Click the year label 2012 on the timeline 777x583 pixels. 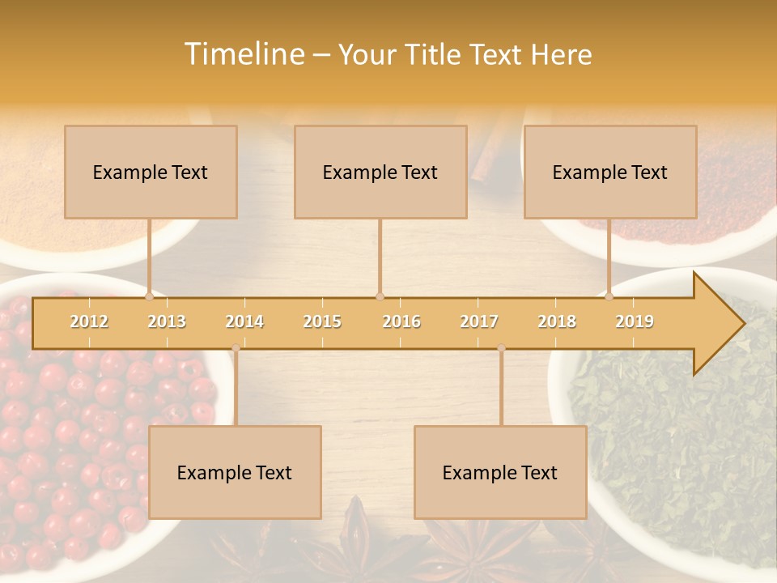(x=89, y=322)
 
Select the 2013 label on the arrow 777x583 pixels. (x=167, y=322)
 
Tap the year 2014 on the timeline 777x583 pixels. (x=244, y=322)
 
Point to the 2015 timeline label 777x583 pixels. (x=322, y=322)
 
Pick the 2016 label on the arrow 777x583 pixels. (x=401, y=322)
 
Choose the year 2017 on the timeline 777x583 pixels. (x=479, y=322)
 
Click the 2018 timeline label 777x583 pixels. (x=557, y=322)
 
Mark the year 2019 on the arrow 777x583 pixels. (x=635, y=322)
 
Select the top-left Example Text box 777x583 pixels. (x=151, y=172)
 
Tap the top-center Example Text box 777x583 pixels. (x=380, y=172)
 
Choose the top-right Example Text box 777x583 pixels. (x=610, y=172)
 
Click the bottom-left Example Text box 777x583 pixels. (x=235, y=473)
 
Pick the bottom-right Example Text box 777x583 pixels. (x=500, y=473)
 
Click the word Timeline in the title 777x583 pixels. (x=244, y=54)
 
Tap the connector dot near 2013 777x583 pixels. (x=150, y=296)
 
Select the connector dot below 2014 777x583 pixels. (x=236, y=348)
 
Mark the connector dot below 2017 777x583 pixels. (x=501, y=348)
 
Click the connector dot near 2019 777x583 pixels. (x=609, y=296)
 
